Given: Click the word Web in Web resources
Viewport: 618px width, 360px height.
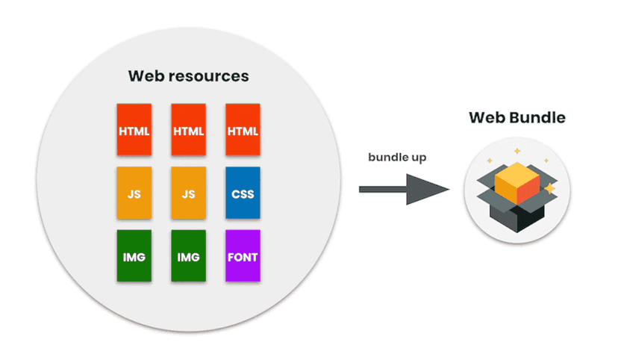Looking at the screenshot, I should [144, 76].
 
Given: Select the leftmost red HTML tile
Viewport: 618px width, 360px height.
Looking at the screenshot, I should [134, 131].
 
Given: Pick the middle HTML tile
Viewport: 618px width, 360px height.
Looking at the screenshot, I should [188, 131].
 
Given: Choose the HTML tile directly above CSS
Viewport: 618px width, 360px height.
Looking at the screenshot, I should [243, 131].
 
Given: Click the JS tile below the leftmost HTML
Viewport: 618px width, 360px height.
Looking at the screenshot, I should [134, 194].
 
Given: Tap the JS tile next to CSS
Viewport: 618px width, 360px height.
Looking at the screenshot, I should [188, 194].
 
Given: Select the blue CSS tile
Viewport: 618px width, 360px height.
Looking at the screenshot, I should [243, 194].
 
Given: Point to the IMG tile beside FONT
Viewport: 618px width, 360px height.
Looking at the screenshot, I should [188, 257].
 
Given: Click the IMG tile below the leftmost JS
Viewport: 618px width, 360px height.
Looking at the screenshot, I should [134, 257].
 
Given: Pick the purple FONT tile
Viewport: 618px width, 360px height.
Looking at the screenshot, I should [243, 257].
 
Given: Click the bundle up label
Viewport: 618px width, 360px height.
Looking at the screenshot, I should [397, 158].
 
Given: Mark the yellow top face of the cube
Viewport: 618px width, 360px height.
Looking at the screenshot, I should [516, 173].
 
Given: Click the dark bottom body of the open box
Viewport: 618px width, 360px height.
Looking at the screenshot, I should [516, 217].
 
